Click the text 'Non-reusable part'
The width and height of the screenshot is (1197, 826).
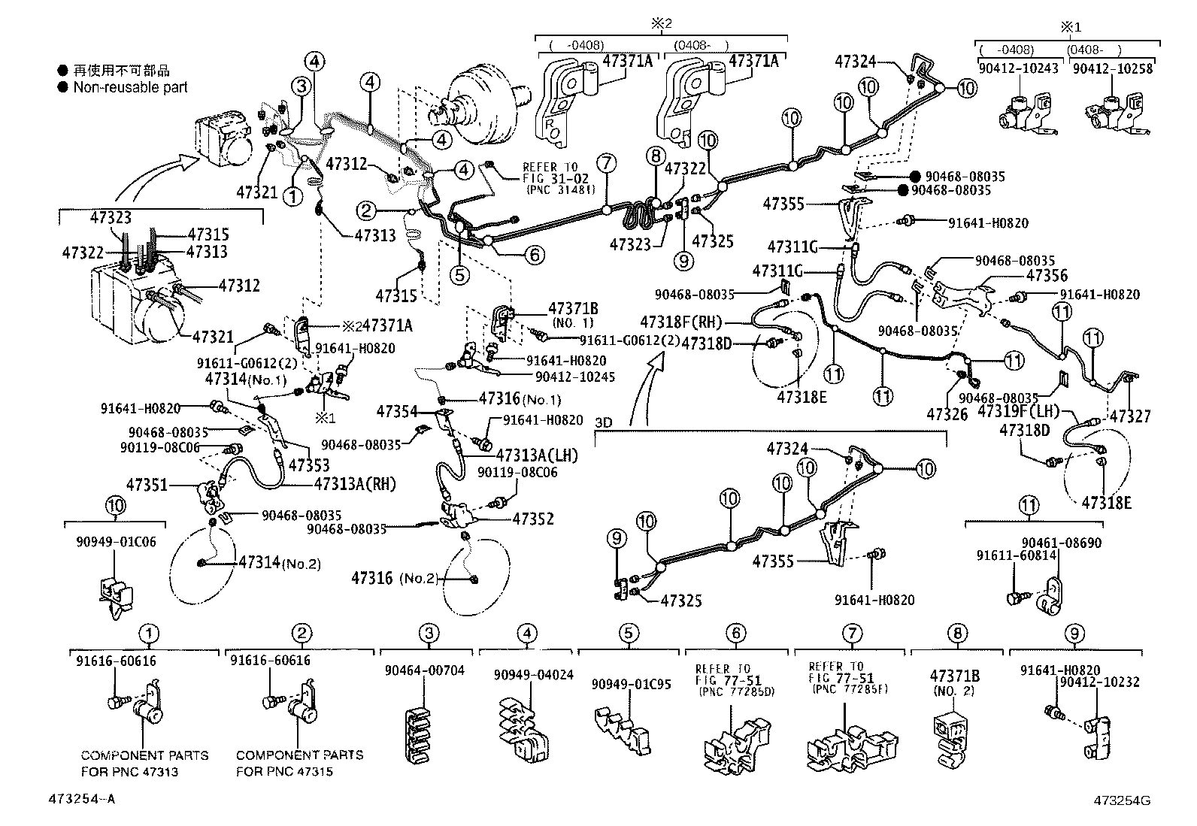130,87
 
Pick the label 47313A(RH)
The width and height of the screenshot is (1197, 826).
354,484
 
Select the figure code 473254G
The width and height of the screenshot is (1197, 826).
1122,800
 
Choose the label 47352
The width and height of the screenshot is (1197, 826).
533,519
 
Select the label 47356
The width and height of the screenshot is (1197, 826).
1047,276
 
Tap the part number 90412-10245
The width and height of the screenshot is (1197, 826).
575,377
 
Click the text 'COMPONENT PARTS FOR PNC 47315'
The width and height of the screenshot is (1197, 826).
299,763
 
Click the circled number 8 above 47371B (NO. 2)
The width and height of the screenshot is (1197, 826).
957,633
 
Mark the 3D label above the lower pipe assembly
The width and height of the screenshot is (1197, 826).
603,422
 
